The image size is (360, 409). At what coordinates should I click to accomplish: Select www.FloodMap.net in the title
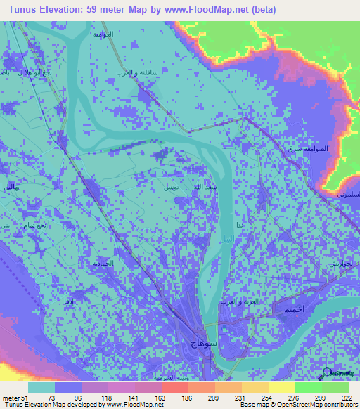tap(201, 10)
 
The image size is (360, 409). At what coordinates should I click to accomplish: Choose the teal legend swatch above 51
tap(41, 387)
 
